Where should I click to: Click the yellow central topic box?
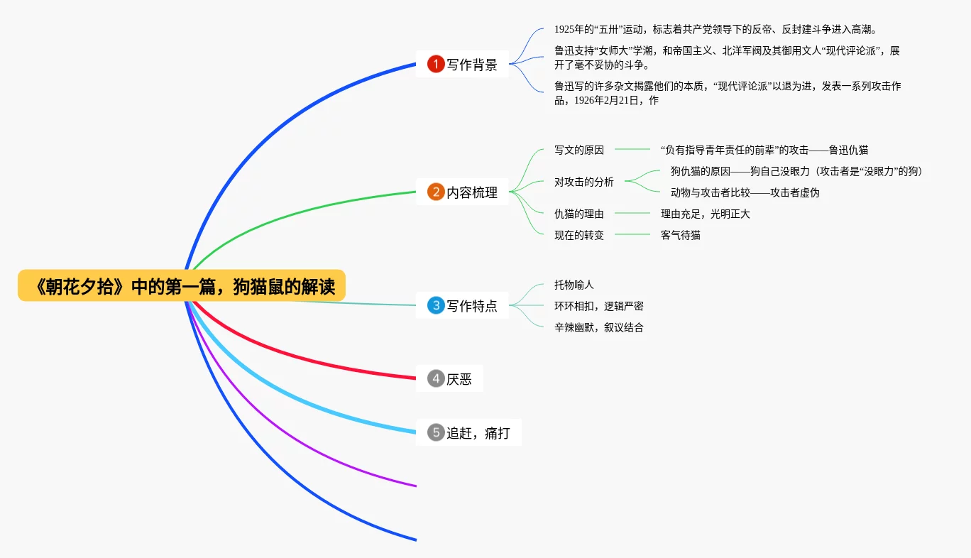pos(182,286)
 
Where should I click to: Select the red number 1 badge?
pos(435,65)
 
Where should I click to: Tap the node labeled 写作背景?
pos(472,65)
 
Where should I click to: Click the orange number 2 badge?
pos(435,192)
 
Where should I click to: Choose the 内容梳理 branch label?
pos(472,192)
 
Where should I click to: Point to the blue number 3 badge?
pos(435,305)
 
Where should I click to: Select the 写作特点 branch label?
pos(472,306)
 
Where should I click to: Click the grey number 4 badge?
pos(435,378)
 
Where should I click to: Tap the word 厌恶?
pos(459,379)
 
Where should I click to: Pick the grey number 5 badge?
pos(435,432)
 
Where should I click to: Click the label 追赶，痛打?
pos(478,432)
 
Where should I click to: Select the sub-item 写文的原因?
pos(579,150)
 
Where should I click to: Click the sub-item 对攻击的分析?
pos(584,182)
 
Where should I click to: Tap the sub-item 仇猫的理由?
pos(579,214)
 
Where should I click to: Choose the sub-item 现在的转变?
pos(579,235)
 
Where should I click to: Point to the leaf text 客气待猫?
pos(681,235)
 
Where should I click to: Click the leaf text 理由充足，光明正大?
pos(706,214)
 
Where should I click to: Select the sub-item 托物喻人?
pos(574,285)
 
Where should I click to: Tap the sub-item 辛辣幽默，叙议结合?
pos(599,327)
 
